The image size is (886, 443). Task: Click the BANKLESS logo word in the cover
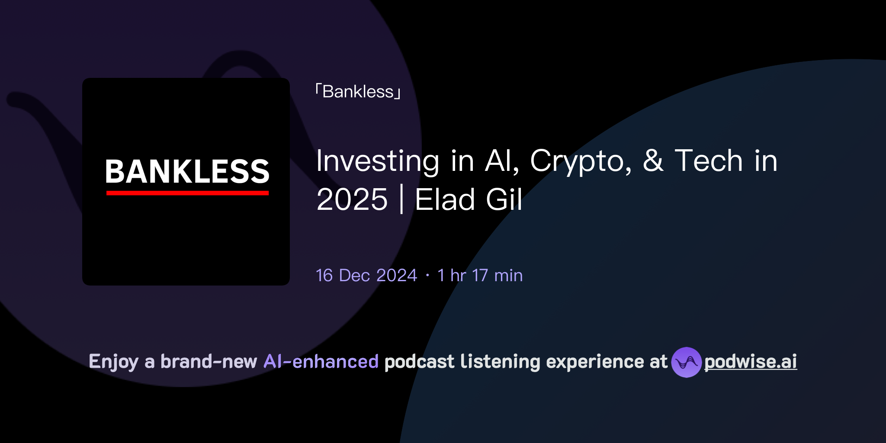coord(187,171)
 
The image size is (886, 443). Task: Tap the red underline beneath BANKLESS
coord(187,193)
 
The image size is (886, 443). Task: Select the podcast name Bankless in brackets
coord(358,92)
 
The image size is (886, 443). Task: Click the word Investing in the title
coord(377,161)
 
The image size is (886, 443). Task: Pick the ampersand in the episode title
coord(653,161)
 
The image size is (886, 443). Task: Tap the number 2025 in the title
coord(352,200)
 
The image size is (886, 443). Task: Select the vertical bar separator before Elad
coord(402,200)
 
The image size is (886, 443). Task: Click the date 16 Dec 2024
coord(366,276)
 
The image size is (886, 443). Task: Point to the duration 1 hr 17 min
coord(480,276)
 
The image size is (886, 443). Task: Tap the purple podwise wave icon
coord(686,362)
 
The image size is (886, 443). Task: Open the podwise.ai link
coord(751,362)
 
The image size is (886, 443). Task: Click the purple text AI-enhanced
coord(321,362)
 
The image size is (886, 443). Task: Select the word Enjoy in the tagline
coord(113,362)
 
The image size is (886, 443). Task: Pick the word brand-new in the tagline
coord(209,362)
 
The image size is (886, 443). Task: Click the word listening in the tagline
coord(500,362)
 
